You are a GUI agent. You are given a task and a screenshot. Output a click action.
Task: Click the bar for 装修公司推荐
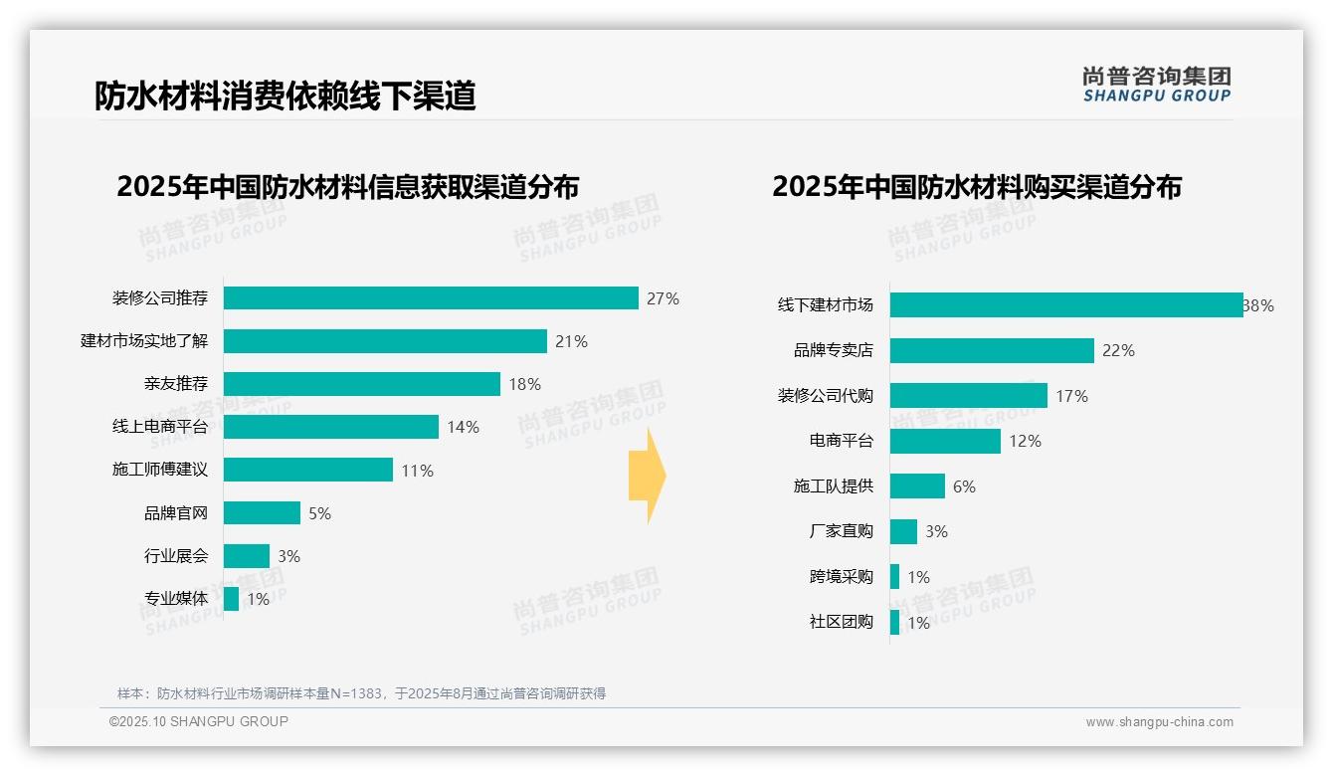431,298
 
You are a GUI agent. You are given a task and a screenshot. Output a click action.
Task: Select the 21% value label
571,341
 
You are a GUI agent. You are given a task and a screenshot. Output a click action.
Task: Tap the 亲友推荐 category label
176,384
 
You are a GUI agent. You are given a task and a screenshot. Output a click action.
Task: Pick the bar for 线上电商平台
331,427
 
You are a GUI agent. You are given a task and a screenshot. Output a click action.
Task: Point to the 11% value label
418,471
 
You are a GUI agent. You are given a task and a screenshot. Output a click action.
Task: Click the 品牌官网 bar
262,513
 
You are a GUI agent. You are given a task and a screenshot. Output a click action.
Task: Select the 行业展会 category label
176,556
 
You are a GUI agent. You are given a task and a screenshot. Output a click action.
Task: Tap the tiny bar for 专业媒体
231,599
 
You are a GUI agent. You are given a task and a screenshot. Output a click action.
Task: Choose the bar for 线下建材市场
1066,305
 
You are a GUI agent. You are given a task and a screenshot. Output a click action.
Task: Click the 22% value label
1118,350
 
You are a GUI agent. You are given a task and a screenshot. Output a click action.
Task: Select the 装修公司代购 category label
825,396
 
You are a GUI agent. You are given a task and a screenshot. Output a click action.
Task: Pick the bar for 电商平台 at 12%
945,441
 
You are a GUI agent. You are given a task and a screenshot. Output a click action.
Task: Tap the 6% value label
964,486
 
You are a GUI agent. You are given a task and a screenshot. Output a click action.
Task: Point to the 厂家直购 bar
903,531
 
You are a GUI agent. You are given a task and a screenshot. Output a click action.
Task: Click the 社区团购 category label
841,623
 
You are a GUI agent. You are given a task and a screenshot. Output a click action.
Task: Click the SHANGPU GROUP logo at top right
1156,85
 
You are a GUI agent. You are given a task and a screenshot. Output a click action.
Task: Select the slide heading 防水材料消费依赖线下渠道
286,96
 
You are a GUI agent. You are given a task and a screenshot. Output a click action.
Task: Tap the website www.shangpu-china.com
1159,722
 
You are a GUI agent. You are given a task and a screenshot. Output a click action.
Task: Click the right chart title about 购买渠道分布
976,187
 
